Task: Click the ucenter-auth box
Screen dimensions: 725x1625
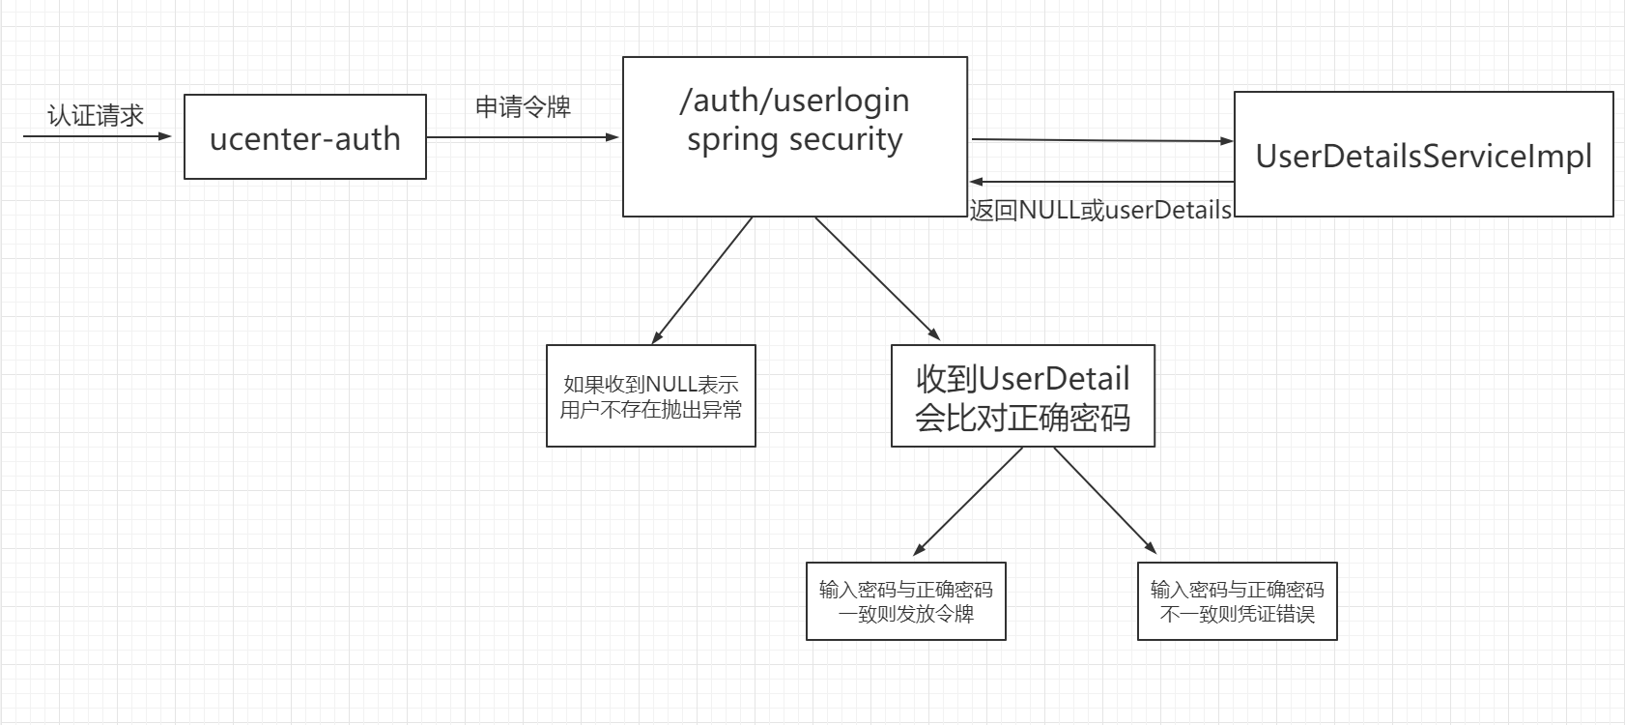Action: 304,137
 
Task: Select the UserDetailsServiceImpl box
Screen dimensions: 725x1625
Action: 1423,155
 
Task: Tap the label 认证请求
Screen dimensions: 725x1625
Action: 95,116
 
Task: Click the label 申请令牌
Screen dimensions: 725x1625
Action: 523,106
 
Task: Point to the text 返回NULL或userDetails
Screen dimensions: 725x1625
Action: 1100,210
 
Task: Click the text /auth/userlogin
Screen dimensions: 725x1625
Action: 794,100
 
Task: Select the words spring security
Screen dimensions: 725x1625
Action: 794,139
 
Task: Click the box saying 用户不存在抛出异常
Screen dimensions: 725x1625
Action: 650,396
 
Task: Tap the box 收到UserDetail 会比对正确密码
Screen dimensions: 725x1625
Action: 1022,396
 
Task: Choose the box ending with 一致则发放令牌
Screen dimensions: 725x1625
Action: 905,601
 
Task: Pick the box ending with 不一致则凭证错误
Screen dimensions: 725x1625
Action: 1237,601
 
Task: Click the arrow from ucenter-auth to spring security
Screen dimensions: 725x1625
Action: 522,137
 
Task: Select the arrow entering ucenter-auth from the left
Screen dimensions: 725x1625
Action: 97,136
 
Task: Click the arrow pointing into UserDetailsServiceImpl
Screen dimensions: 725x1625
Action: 1101,140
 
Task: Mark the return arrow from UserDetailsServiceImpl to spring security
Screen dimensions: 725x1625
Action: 1101,181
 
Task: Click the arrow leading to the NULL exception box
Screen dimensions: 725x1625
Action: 702,280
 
